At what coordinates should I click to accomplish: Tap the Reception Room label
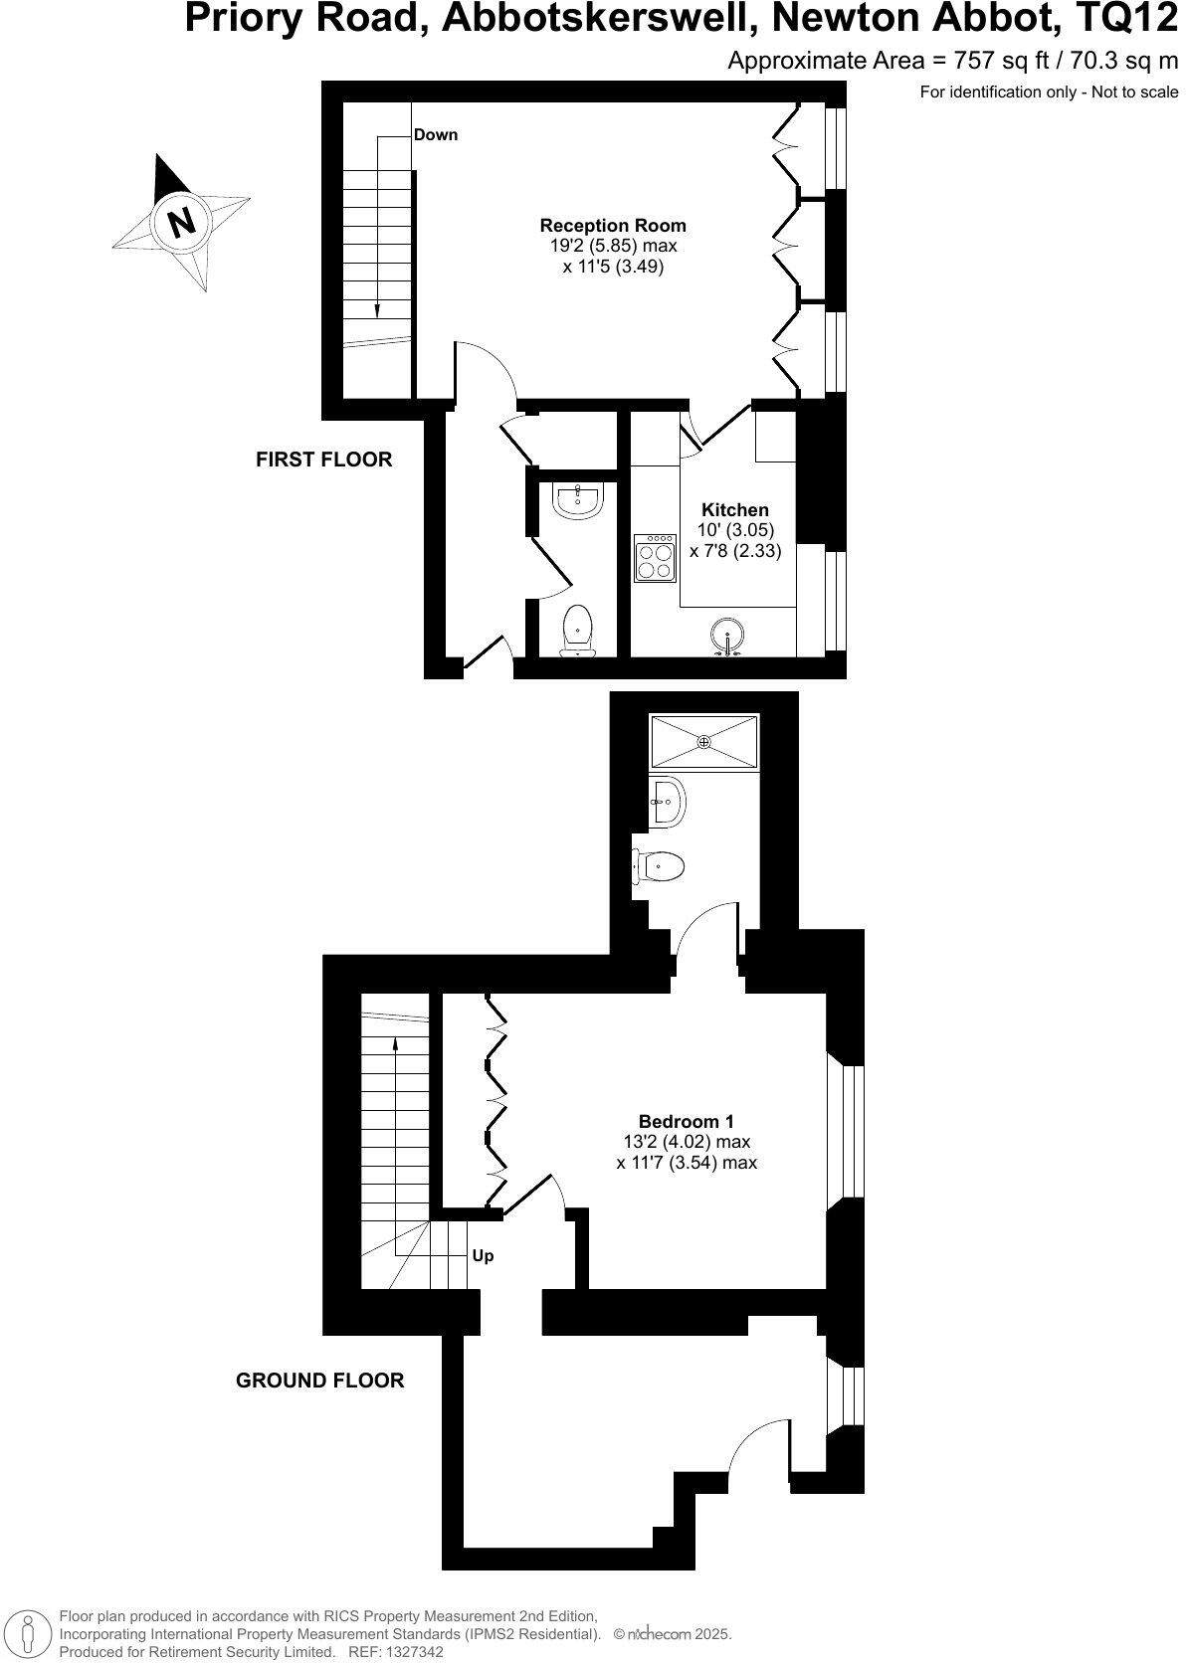click(x=613, y=226)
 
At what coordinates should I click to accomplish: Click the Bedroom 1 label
click(x=687, y=1121)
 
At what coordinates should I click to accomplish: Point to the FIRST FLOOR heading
click(x=324, y=460)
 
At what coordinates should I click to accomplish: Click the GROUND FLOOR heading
click(x=320, y=1381)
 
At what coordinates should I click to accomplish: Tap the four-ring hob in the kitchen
click(x=656, y=558)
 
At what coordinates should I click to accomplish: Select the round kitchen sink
click(x=728, y=637)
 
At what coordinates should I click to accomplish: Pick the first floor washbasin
click(x=576, y=500)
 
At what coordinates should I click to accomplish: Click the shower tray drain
click(x=704, y=741)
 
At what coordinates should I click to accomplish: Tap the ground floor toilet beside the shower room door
click(x=660, y=865)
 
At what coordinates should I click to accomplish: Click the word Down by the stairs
click(x=436, y=135)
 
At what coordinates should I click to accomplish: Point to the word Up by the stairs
click(x=483, y=1256)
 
